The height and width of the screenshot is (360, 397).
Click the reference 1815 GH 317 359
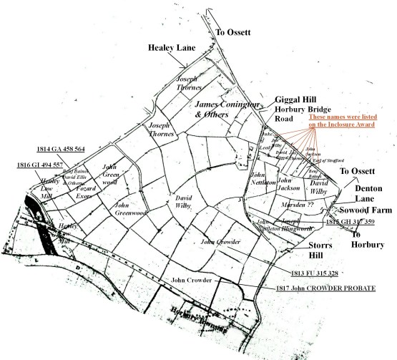pyautogui.click(x=350, y=222)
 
